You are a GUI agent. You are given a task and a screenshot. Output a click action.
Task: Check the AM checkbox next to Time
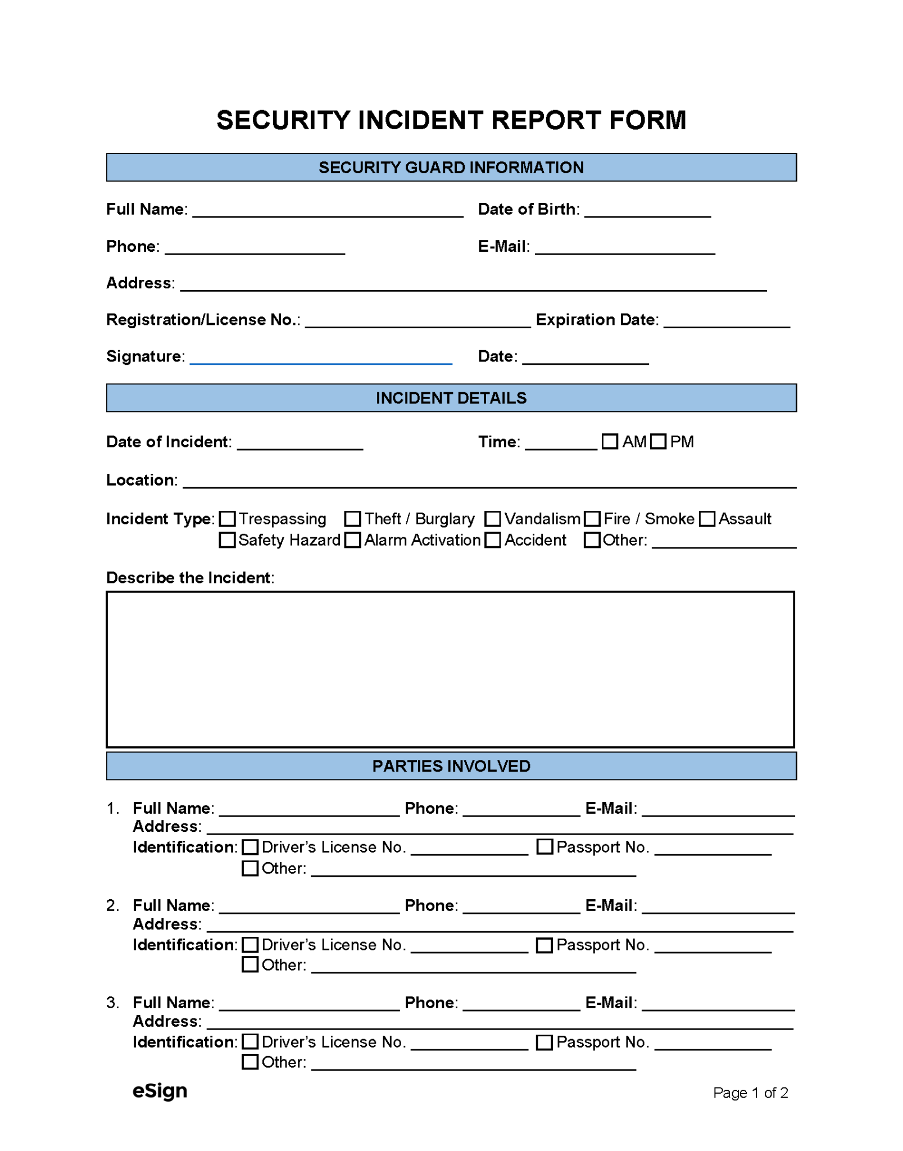609,442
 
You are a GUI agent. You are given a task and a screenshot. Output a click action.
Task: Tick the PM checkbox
658,442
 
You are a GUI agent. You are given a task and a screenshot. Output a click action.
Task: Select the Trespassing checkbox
227,519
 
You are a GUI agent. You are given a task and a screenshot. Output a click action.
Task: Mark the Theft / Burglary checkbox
352,519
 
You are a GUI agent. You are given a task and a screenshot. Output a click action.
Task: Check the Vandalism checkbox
492,519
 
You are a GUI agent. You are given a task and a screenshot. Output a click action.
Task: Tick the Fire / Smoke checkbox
592,519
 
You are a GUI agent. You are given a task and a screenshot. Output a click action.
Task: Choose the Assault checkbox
707,519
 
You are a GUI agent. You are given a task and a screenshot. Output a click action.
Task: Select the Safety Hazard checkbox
227,540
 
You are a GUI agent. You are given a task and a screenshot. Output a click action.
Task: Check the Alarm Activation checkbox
352,540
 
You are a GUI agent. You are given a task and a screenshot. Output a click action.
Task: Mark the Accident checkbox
492,540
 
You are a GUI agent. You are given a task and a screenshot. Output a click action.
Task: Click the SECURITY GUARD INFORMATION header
451,167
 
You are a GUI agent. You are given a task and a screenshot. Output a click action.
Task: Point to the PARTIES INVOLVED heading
451,766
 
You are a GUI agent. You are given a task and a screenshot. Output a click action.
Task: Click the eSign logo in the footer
160,1091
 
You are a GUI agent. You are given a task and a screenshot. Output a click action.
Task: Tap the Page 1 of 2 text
750,1093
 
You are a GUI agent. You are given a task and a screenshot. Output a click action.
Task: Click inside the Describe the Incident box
450,669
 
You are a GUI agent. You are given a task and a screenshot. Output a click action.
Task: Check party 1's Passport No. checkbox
544,847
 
